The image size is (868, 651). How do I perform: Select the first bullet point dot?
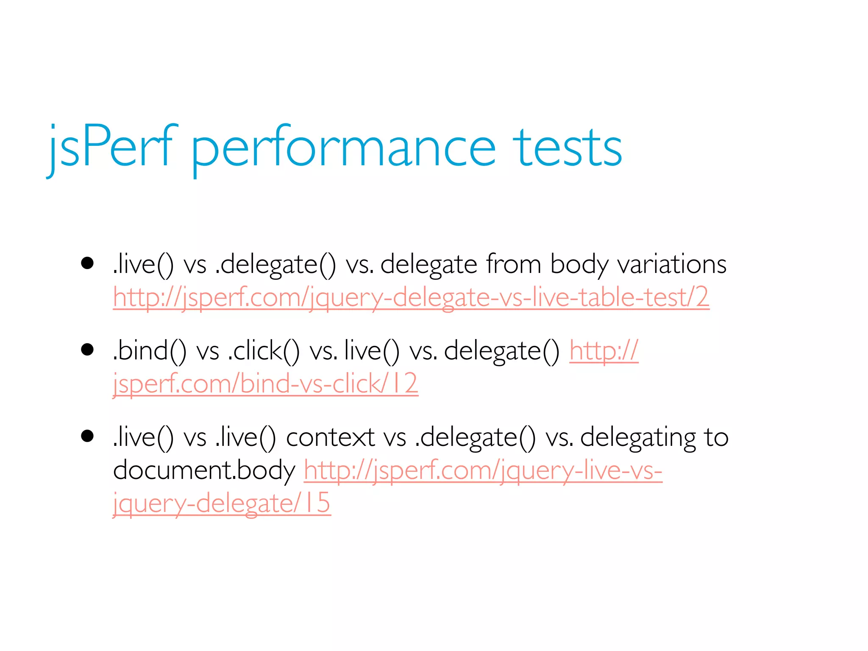[87, 263]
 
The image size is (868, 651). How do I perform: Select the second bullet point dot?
[87, 350]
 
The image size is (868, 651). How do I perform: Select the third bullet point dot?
[87, 436]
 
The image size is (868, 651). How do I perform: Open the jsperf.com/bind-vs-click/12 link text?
[265, 384]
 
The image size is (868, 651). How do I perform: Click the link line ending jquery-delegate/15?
[221, 503]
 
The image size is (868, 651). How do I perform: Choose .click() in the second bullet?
[263, 351]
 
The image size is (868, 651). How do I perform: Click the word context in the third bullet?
[330, 437]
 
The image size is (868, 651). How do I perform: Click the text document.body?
[204, 470]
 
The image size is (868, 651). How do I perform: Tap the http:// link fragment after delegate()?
[604, 351]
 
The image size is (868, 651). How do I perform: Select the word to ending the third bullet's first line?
[716, 437]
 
